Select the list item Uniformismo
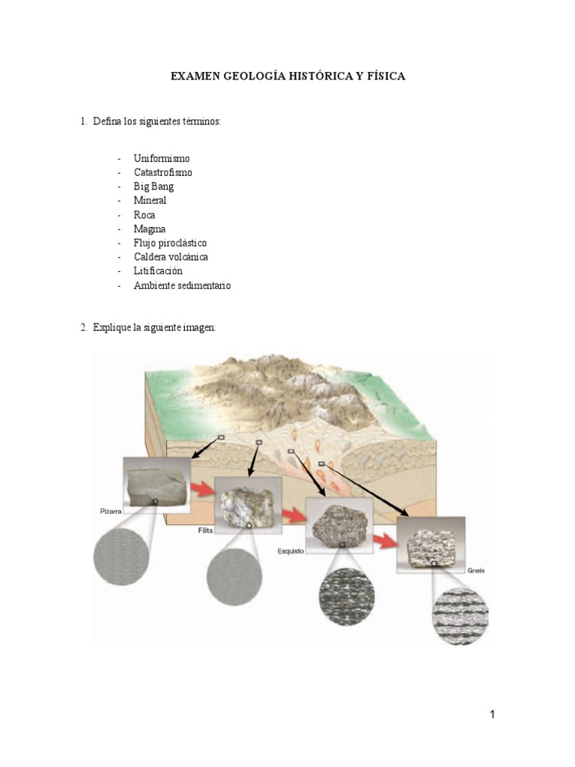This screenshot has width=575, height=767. click(x=162, y=159)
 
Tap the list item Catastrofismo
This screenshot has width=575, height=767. click(x=162, y=172)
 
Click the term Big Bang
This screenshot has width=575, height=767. click(x=153, y=187)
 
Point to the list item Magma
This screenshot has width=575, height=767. click(x=150, y=228)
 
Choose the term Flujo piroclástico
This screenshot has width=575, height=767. click(x=170, y=243)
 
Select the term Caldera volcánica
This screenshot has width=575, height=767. click(x=171, y=257)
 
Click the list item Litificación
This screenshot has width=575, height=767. click(x=158, y=270)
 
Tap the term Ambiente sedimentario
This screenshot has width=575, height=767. click(x=182, y=285)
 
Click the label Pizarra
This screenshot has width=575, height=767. click(x=110, y=512)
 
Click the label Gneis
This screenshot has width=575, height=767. click(x=477, y=570)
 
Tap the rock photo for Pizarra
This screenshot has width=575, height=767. click(x=156, y=485)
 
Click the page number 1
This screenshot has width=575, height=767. click(x=493, y=714)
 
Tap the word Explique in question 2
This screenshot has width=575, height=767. click(x=111, y=327)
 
